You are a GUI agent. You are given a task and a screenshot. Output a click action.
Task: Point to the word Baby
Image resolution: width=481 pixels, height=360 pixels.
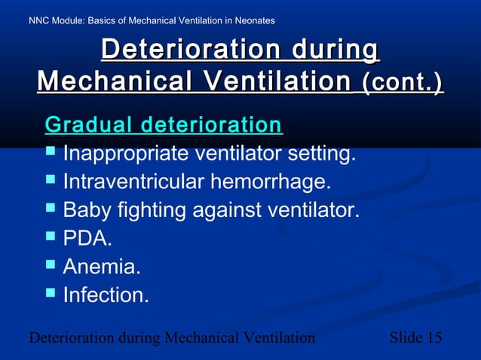[87, 211]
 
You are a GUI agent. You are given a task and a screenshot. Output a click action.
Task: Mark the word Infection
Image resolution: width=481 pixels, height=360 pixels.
[106, 294]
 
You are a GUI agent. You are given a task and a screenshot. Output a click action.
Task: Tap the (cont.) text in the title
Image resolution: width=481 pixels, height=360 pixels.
[403, 81]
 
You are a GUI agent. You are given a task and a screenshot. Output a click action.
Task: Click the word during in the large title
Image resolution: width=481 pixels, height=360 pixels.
[328, 50]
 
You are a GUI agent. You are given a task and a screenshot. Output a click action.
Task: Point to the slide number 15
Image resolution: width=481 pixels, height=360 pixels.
[434, 337]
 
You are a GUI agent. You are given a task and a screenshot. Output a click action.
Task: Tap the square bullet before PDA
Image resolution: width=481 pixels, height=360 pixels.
[51, 237]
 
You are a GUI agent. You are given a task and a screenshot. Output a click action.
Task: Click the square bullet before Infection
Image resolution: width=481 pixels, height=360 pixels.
[51, 293]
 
